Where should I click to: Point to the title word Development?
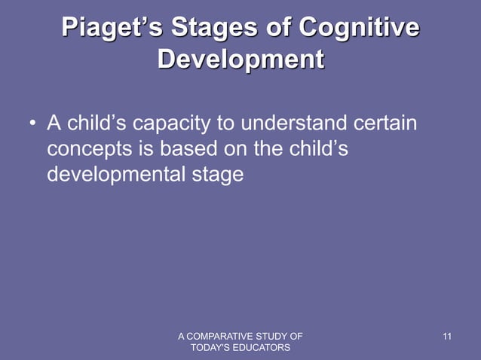click(x=240, y=59)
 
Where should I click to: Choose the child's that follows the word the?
click(x=317, y=148)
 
